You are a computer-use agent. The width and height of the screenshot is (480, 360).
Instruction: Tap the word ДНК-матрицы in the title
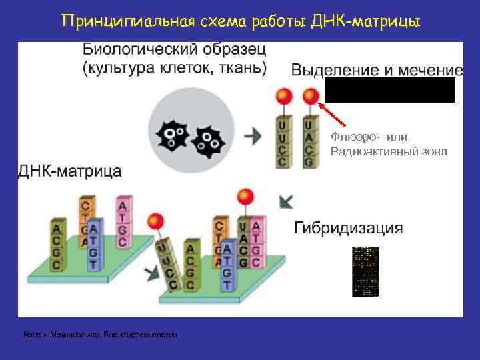coord(381,21)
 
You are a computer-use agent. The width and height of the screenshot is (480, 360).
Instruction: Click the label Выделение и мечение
coord(377,70)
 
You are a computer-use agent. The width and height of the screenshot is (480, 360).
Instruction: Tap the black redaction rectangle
coord(390,90)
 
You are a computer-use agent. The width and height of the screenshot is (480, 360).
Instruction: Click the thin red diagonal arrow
coord(337,115)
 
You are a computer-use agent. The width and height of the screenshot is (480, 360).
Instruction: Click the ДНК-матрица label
coord(69,171)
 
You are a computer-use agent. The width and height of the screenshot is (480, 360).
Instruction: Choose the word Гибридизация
coord(348,228)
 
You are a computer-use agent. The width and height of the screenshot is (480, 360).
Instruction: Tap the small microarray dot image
coord(365,272)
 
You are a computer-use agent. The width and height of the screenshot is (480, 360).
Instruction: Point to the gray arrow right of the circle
coord(253,136)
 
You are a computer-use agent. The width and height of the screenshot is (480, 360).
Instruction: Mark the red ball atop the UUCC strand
coord(283,97)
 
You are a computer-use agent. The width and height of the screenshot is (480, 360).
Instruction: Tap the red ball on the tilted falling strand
coord(157,221)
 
